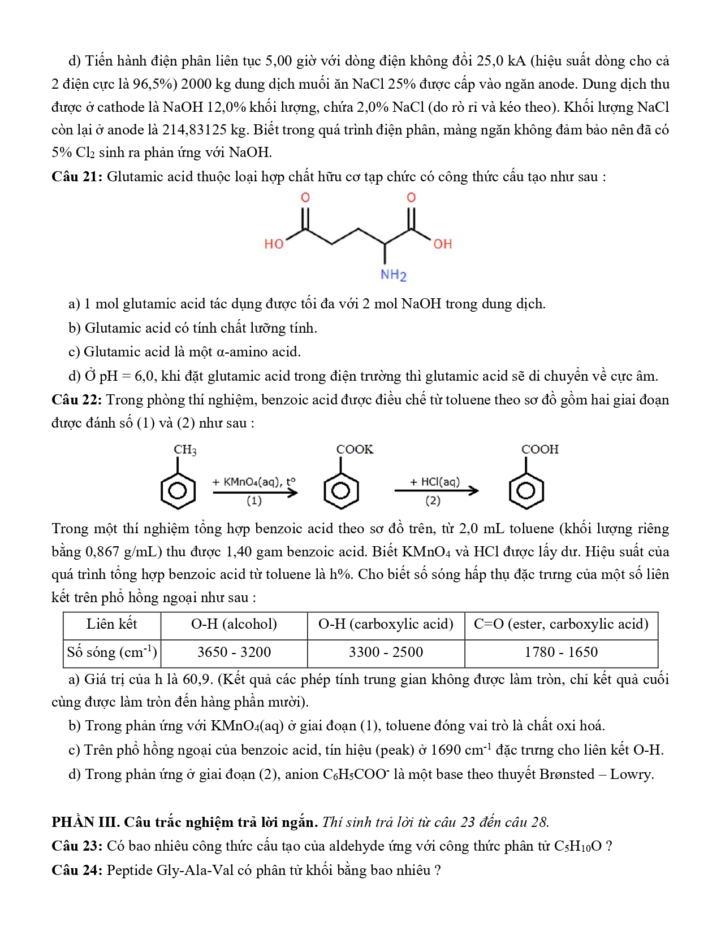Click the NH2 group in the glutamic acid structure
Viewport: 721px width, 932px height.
click(394, 275)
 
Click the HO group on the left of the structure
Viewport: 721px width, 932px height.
click(274, 244)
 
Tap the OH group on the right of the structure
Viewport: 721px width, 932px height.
click(443, 244)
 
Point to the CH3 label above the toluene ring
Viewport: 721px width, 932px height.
click(185, 450)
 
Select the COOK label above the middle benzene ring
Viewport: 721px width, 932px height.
click(355, 450)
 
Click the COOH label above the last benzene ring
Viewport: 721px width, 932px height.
click(539, 450)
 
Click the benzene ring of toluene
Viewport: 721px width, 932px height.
click(178, 490)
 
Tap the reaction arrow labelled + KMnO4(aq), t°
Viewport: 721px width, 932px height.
click(255, 492)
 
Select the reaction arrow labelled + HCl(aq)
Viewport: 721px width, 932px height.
click(436, 491)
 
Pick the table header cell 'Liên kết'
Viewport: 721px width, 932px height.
click(112, 624)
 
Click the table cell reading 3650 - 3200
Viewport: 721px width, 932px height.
click(234, 652)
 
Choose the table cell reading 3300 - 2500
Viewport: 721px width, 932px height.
click(386, 652)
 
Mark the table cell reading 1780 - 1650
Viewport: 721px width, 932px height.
click(561, 652)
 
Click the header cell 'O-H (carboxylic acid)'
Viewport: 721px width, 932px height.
click(386, 624)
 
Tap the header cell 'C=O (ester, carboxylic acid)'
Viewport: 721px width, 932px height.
click(561, 624)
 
